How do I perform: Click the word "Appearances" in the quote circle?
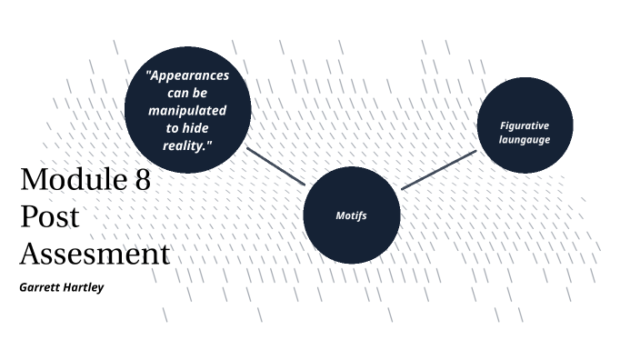pyautogui.click(x=190, y=75)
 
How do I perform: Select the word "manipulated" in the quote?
pyautogui.click(x=187, y=110)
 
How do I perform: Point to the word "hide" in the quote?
pyautogui.click(x=200, y=127)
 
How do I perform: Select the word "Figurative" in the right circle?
pyautogui.click(x=525, y=125)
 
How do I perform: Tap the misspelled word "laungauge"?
pyautogui.click(x=525, y=139)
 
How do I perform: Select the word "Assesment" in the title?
pyautogui.click(x=95, y=254)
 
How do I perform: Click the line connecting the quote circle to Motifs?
pyautogui.click(x=276, y=165)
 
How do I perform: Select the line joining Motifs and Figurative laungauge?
pyautogui.click(x=438, y=170)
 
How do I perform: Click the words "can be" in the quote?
pyautogui.click(x=187, y=93)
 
